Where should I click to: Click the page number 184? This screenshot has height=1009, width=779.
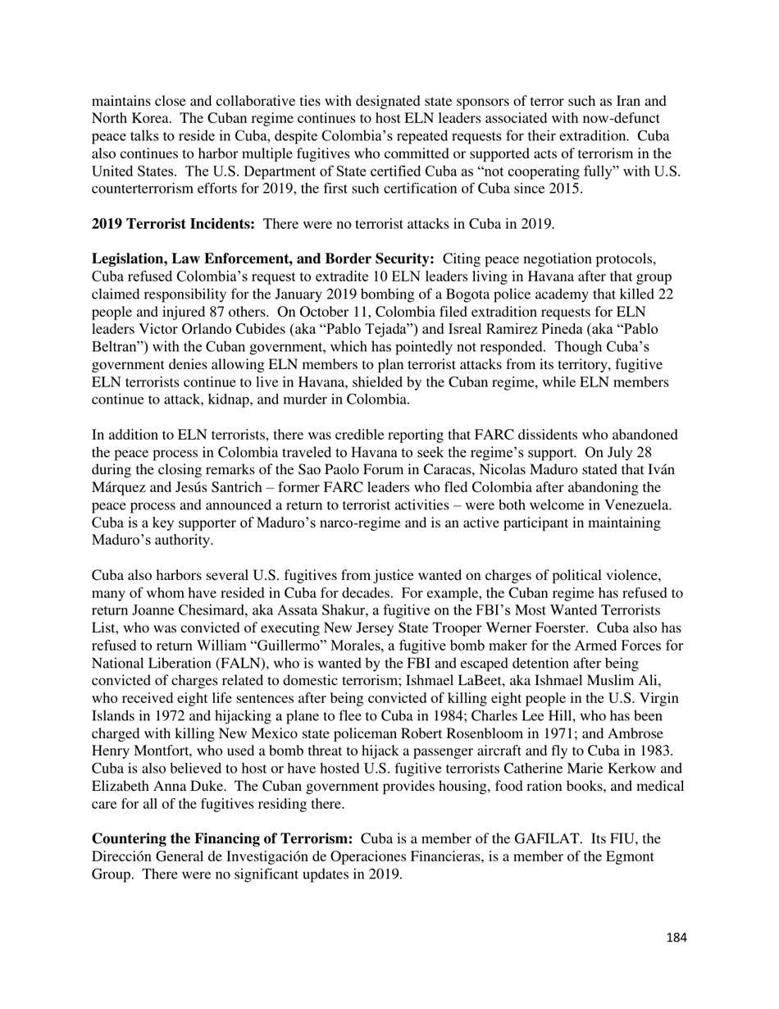[676, 938]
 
